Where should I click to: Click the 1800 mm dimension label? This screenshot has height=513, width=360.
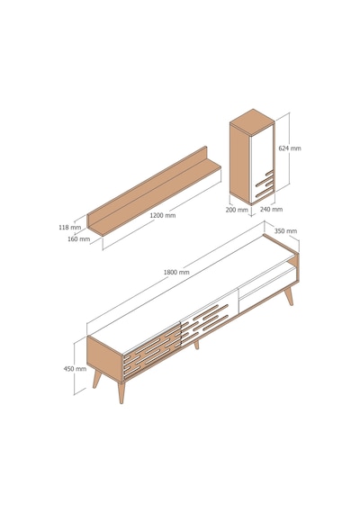click(x=176, y=272)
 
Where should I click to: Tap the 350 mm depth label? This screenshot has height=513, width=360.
click(x=285, y=231)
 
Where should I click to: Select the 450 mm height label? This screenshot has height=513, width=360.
click(x=75, y=369)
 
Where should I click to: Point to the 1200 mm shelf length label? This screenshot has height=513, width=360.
click(x=163, y=215)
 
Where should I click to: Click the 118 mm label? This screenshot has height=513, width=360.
click(x=69, y=227)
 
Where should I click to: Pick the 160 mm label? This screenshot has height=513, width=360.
click(x=78, y=238)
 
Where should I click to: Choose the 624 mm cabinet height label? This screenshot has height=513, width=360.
click(x=290, y=148)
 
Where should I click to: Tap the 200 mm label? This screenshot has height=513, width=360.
click(x=237, y=210)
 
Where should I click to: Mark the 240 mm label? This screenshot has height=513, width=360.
click(x=271, y=209)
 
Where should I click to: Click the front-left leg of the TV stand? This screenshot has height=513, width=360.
click(x=121, y=392)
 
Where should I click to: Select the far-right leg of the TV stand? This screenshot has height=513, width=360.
click(x=288, y=296)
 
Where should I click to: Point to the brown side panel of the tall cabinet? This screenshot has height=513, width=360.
click(x=240, y=162)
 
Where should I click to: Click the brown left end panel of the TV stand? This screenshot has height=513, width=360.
click(x=104, y=359)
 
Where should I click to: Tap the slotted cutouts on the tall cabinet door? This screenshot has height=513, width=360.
click(x=265, y=184)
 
